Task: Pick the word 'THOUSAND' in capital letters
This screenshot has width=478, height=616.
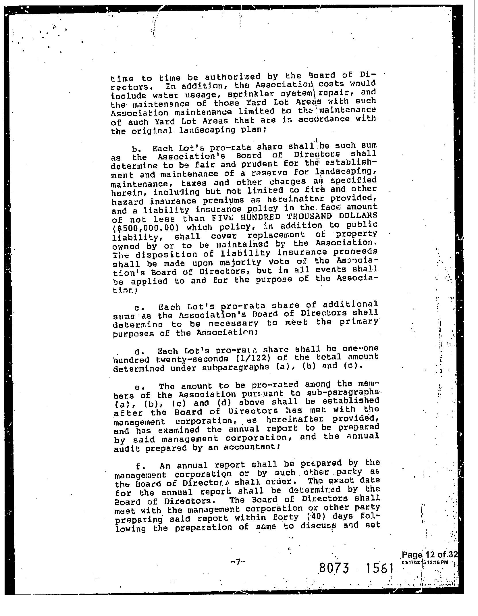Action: coord(301,216)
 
